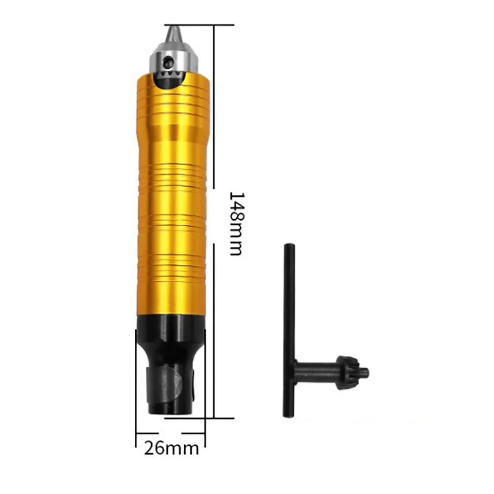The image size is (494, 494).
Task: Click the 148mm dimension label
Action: tap(236, 223)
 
